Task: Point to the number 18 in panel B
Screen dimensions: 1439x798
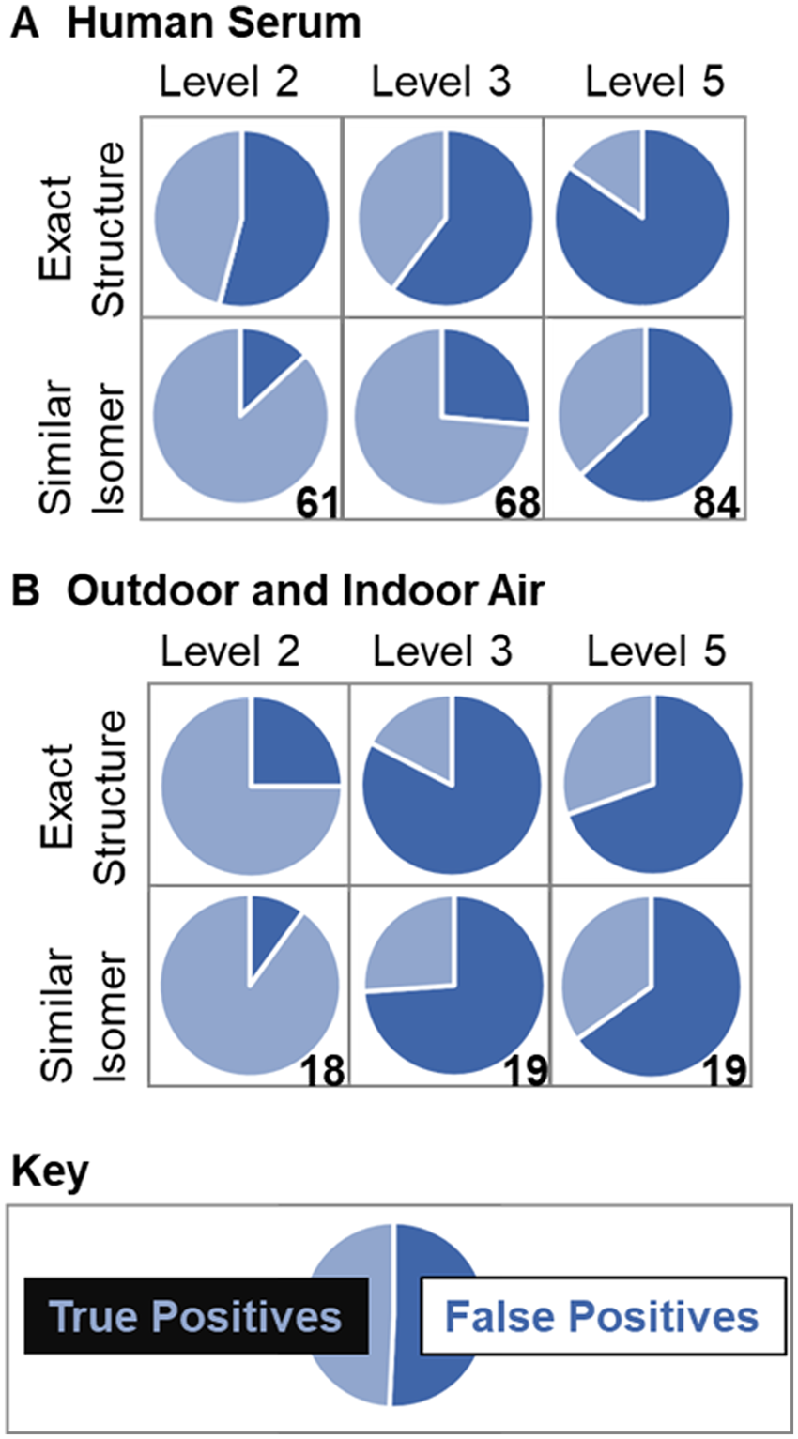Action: click(321, 1068)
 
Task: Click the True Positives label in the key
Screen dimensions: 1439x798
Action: click(195, 1316)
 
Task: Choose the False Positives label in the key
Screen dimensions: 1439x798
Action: click(601, 1316)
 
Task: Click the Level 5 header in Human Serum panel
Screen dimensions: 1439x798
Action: click(654, 83)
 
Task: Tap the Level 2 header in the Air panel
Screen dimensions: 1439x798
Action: click(230, 651)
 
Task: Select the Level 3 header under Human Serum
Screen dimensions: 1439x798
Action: click(441, 83)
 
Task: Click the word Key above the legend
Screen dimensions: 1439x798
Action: click(49, 1171)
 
